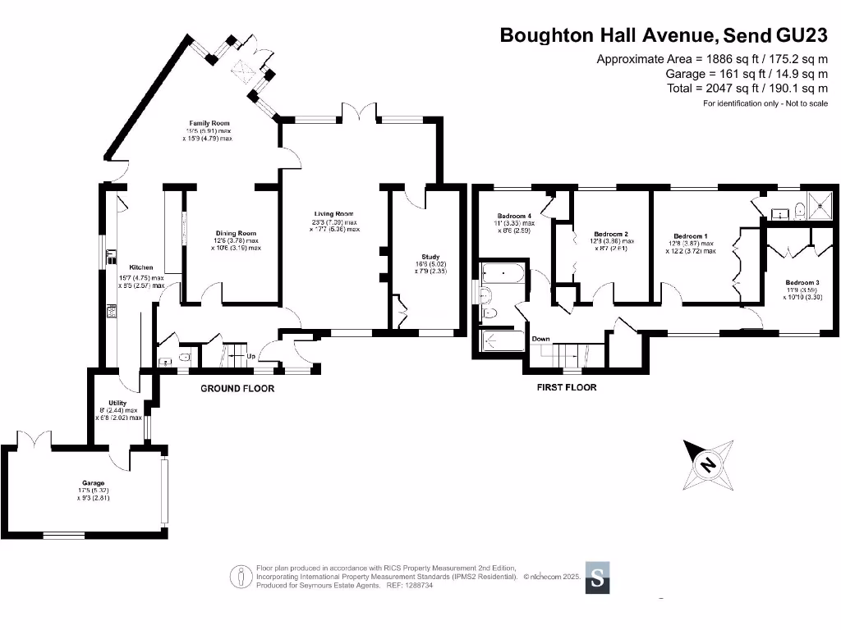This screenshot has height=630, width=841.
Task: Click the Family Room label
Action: point(209,122)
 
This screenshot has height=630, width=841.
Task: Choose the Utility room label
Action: point(117,403)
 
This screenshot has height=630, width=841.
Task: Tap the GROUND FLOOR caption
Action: point(237,388)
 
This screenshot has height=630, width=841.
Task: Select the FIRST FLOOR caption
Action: point(567,387)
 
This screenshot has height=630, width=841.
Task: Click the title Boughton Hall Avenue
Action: point(609,35)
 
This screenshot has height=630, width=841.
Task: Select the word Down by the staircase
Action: point(540,339)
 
